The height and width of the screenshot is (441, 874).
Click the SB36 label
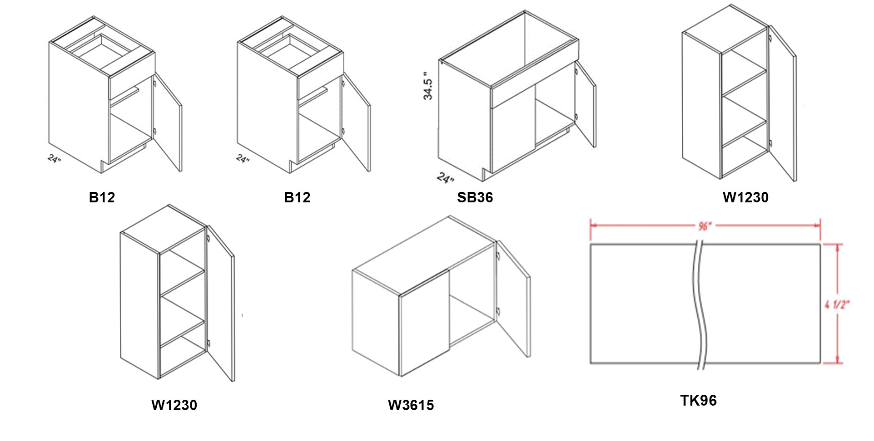475,197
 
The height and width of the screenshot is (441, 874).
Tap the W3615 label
411,405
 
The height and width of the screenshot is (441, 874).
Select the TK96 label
698,400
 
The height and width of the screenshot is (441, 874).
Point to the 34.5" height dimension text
428,85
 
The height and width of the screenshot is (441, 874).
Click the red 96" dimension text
705,225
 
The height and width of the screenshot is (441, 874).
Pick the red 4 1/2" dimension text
837,304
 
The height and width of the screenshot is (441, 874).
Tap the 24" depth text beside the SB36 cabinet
446,178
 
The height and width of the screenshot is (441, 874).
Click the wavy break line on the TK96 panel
700,304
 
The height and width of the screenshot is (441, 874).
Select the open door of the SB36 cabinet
586,104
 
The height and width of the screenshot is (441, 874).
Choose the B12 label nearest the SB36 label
297,197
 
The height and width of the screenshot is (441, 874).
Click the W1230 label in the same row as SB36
745,197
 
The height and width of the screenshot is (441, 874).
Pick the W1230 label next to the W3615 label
174,405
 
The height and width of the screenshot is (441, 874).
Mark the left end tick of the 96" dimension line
591,225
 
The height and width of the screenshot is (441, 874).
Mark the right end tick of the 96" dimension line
820,225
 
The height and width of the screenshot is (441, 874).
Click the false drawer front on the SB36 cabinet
535,85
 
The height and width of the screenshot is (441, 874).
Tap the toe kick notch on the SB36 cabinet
487,175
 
